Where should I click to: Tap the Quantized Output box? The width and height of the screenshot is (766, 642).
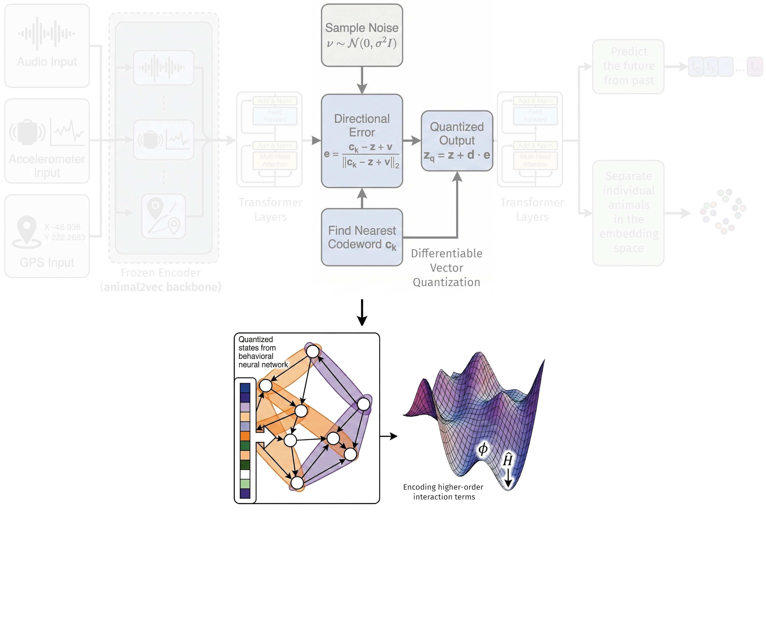coord(457,141)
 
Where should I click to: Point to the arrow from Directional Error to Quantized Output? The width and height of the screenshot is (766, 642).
coord(412,141)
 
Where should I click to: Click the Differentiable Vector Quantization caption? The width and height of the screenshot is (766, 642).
coord(447,268)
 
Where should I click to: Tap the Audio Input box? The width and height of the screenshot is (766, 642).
coord(47,46)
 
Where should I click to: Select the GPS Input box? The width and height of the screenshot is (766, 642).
coord(47,236)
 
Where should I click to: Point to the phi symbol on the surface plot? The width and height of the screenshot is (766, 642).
coord(483,449)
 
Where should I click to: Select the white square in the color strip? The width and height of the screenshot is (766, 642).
coord(245,474)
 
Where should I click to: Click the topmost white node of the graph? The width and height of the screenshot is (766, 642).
coord(313,351)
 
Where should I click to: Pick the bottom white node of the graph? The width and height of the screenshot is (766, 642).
coord(297,483)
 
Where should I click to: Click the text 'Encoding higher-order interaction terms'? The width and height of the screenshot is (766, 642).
coord(443,492)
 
